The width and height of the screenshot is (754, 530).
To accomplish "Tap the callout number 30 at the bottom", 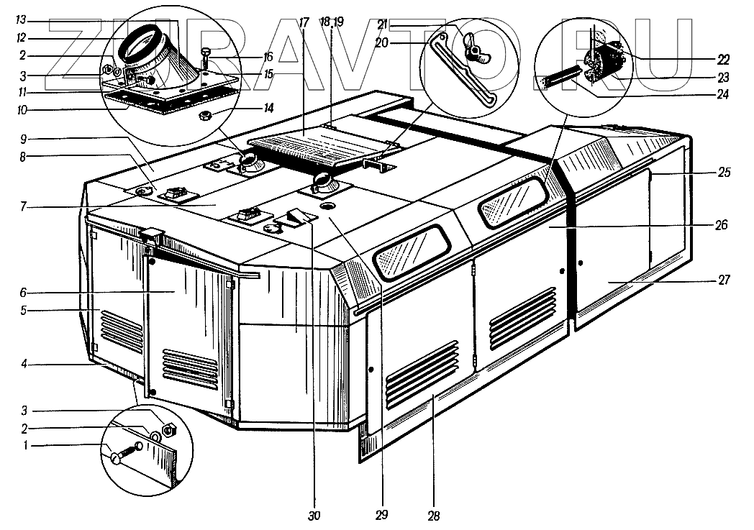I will click(x=314, y=515).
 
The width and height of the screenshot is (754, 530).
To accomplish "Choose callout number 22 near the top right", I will click(x=722, y=59).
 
